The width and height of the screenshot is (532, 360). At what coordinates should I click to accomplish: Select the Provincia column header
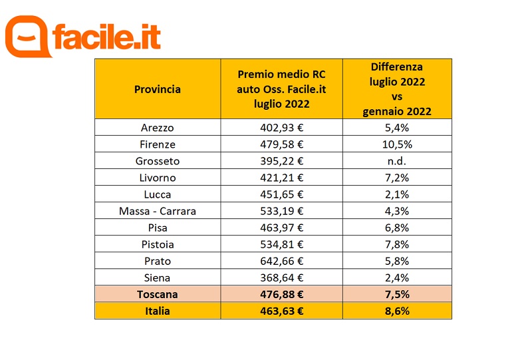157,89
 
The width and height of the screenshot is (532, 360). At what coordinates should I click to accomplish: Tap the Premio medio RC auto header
281,89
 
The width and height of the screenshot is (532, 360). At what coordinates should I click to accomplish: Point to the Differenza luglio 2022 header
397,89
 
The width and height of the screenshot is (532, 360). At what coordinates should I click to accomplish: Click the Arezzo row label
157,127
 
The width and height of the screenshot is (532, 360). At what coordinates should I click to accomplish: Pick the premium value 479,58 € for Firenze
281,144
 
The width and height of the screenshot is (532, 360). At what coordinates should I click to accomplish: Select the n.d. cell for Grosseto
397,161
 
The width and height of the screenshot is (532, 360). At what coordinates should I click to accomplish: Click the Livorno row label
157,178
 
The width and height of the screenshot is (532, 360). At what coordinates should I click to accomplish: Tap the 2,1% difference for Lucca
397,194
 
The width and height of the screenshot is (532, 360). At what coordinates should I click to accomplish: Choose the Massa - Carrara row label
157,211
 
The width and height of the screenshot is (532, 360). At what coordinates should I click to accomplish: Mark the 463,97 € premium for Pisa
281,228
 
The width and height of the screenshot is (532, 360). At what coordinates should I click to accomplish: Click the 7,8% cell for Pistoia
397,244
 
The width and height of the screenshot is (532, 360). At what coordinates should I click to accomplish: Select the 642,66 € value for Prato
281,261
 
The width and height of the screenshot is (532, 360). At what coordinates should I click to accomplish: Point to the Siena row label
157,277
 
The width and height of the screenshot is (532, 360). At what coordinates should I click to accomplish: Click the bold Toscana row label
157,294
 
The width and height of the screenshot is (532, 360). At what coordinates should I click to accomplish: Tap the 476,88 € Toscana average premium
281,294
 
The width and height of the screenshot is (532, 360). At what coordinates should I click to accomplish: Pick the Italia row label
157,311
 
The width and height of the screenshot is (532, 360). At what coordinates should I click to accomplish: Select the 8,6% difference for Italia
397,311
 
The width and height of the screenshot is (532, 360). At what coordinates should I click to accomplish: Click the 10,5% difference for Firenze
397,144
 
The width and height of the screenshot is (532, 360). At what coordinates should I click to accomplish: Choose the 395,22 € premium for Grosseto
281,161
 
